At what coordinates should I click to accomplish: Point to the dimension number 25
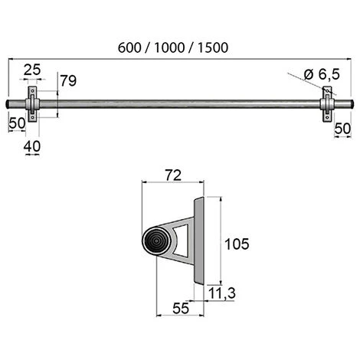click(x=33, y=71)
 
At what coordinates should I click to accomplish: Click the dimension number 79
click(x=68, y=80)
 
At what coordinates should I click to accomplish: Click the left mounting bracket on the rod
click(x=34, y=103)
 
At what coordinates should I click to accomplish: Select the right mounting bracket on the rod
click(x=326, y=103)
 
